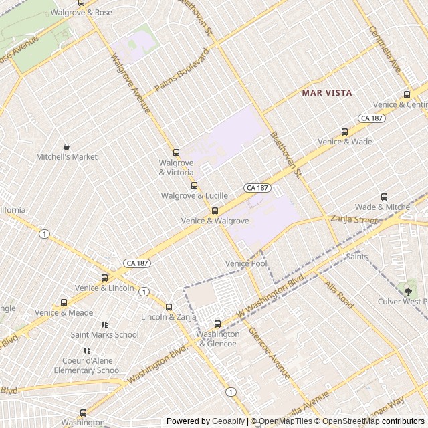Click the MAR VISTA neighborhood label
point(327,92)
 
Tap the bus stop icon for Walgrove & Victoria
point(177,152)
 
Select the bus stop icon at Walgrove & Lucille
point(195,185)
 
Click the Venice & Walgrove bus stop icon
point(215,211)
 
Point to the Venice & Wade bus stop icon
point(344,132)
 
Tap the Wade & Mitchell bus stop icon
point(384,197)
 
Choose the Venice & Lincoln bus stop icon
point(104,278)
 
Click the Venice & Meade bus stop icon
point(64,302)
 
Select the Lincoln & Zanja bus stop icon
point(169,307)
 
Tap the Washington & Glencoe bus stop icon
point(217,324)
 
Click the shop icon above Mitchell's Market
point(66,146)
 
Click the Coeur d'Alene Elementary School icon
point(87,350)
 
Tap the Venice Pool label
point(246,263)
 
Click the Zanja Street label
point(354,219)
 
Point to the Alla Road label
point(339,294)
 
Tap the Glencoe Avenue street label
point(269,352)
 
